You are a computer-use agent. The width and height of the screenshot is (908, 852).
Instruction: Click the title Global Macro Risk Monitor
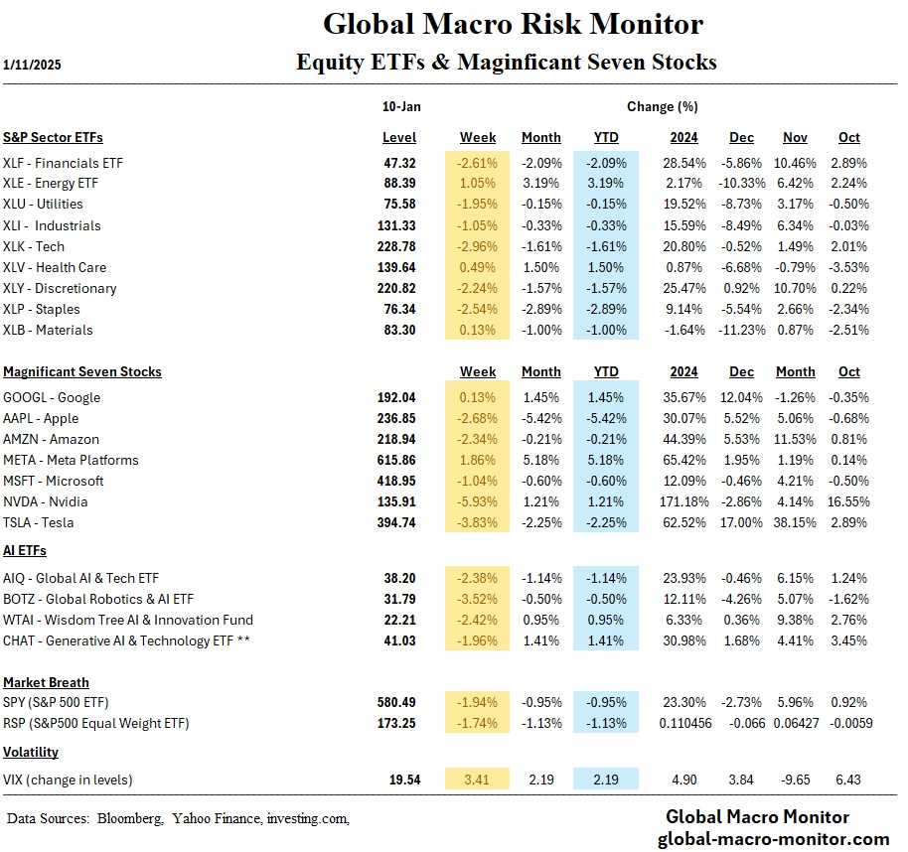click(513, 24)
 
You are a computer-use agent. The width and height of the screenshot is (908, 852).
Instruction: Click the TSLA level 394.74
click(399, 522)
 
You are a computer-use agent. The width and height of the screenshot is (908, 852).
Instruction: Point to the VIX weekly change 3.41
click(478, 780)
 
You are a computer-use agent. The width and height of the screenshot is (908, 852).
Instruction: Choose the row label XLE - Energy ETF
click(51, 183)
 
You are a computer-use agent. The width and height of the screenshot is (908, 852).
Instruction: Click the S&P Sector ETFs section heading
click(53, 137)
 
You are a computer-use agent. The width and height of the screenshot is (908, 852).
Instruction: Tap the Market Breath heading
click(46, 682)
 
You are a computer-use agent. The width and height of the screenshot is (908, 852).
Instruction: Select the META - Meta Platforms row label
click(71, 460)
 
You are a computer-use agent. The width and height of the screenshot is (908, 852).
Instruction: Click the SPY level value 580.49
click(399, 702)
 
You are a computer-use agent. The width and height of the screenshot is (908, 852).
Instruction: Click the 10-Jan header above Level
click(399, 105)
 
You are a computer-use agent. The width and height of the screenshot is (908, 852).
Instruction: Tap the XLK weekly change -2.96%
click(478, 246)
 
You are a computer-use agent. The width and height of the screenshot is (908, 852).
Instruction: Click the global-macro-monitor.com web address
click(778, 839)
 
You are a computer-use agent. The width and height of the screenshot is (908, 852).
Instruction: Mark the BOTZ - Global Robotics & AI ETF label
click(99, 599)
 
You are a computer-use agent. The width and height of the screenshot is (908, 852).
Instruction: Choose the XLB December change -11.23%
click(738, 330)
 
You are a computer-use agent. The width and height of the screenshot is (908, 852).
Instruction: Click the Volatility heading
click(31, 752)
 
